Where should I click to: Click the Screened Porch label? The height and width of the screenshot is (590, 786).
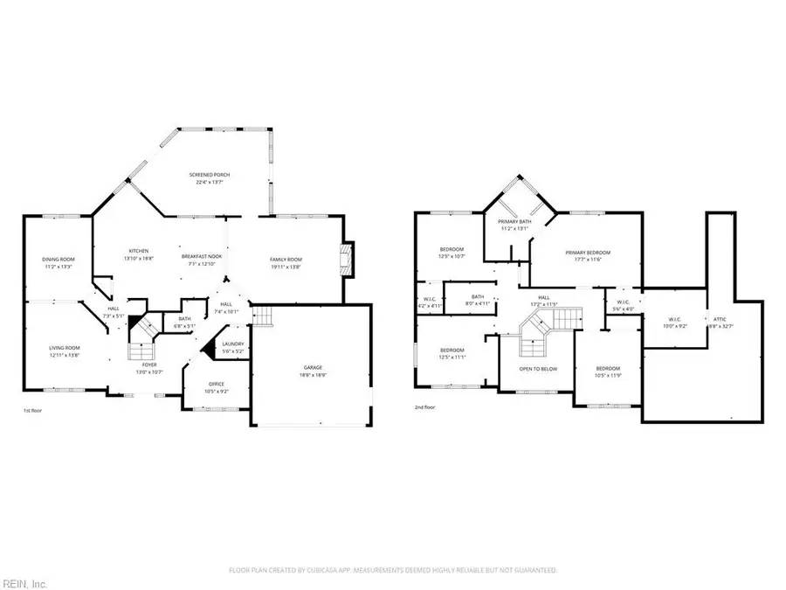[x=210, y=176]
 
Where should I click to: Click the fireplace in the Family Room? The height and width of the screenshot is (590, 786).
[x=347, y=260]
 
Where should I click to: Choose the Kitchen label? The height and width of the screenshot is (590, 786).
[x=139, y=251]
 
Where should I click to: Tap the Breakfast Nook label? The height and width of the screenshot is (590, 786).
[x=202, y=256]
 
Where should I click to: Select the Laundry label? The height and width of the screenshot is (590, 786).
[x=233, y=344]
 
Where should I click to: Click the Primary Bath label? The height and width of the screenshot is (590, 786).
[x=514, y=221]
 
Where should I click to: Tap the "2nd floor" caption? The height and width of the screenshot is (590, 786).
[x=425, y=406]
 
